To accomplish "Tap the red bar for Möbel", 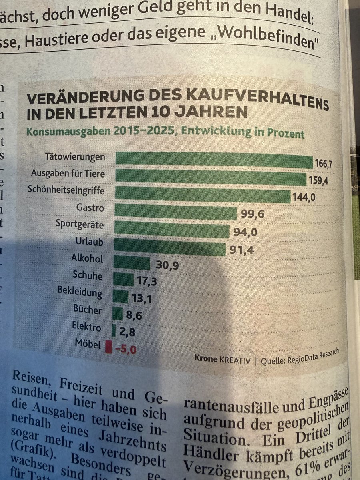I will click(108, 346).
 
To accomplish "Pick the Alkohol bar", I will click(132, 263).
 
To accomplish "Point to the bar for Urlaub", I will click(170, 246).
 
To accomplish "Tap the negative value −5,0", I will click(125, 349).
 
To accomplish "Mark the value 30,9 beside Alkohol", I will click(167, 266).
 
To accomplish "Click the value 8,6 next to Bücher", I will click(134, 316).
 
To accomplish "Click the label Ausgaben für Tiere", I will click(68, 174).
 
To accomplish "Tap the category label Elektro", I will click(87, 327).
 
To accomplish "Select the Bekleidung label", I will click(80, 292).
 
